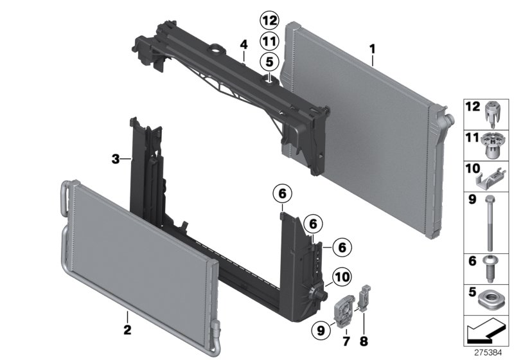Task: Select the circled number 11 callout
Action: tap(269, 41)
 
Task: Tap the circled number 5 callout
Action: tap(269, 62)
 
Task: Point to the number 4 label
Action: tap(244, 44)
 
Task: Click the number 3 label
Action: tap(116, 158)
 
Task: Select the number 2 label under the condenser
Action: tap(127, 332)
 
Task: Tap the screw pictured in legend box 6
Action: tap(490, 267)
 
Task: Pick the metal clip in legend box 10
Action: tap(492, 175)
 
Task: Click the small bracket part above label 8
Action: tap(365, 297)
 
